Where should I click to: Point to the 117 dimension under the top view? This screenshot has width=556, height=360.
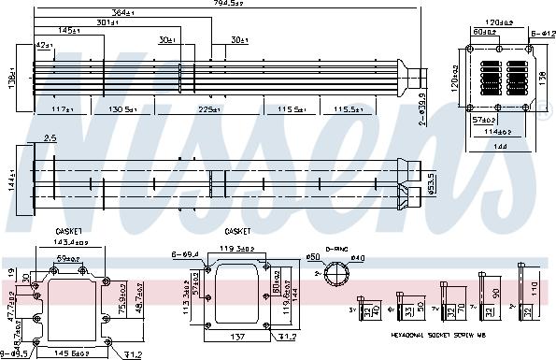tap(62, 109)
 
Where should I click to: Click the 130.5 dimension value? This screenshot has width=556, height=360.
tap(125, 109)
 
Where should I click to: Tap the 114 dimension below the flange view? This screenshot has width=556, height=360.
tap(496, 131)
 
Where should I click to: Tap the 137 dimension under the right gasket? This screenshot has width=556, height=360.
tap(238, 337)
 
